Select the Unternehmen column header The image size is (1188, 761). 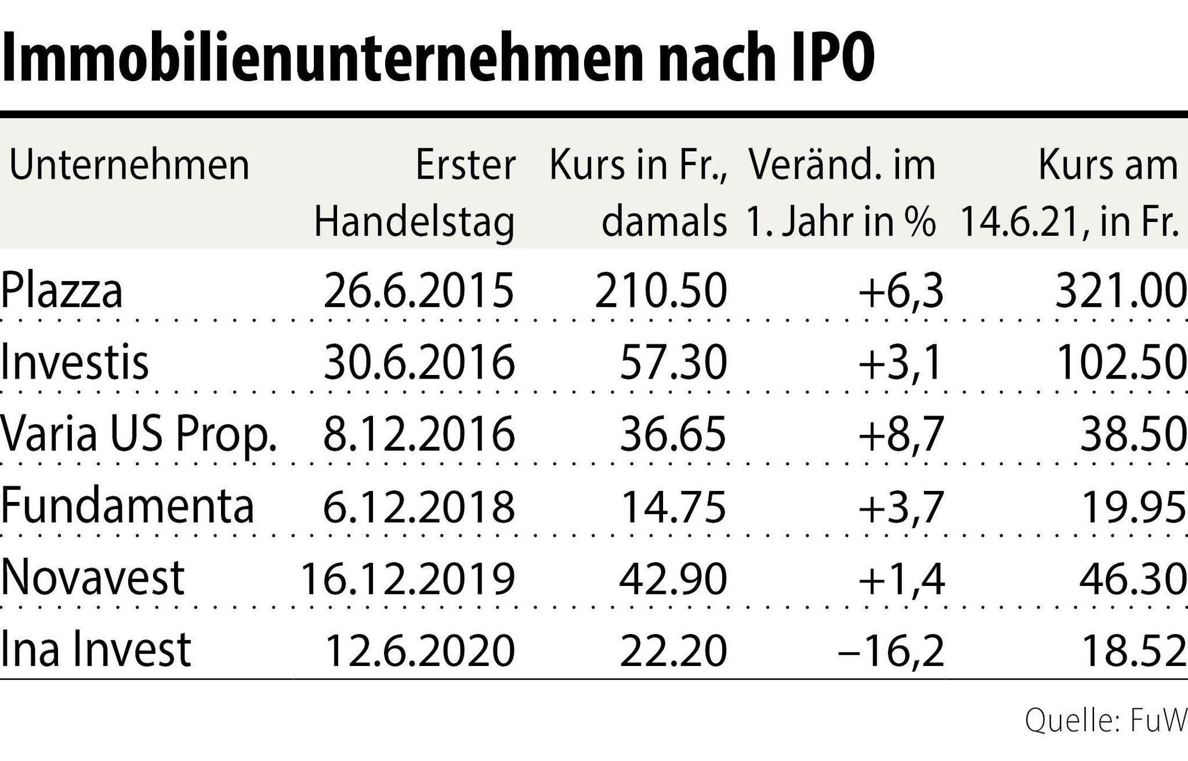tap(129, 166)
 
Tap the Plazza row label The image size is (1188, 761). tap(61, 291)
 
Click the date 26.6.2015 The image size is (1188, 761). tap(418, 291)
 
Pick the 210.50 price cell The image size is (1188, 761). tap(661, 291)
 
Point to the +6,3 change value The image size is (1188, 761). tap(901, 291)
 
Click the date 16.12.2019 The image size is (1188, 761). tap(407, 578)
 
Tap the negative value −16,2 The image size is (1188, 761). tap(891, 650)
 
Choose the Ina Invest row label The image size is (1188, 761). tap(96, 650)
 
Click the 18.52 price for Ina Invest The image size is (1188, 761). tap(1132, 650)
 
